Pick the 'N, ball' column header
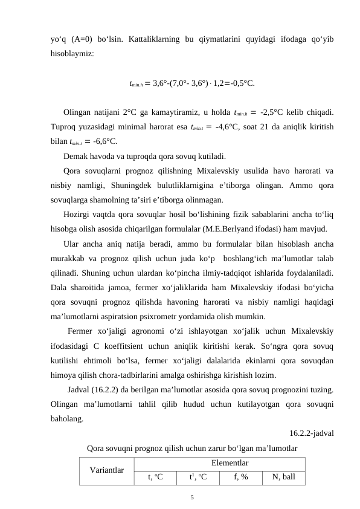[283, 477]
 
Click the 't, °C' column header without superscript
[156, 477]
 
